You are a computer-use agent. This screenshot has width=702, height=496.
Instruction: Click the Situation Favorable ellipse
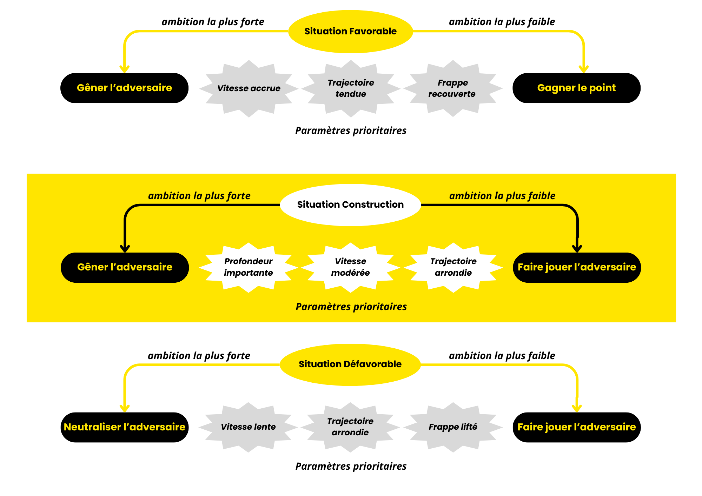[350, 32]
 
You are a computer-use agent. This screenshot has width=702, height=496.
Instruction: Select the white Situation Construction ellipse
[350, 205]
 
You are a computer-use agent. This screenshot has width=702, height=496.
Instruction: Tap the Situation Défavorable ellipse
[350, 364]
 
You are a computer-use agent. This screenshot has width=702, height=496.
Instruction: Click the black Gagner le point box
[576, 88]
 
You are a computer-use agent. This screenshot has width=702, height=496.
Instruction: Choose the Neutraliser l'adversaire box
[125, 427]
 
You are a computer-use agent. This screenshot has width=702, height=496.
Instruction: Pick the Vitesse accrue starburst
[249, 88]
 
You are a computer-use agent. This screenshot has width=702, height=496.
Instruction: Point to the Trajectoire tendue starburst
[351, 88]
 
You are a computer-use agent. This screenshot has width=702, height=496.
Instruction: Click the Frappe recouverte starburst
[453, 88]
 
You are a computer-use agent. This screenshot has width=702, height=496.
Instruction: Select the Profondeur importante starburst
[249, 267]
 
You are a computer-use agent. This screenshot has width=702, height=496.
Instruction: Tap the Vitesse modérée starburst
[350, 267]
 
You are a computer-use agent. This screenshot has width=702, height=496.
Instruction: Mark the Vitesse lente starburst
[248, 427]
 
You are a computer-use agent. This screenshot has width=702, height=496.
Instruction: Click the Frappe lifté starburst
[453, 427]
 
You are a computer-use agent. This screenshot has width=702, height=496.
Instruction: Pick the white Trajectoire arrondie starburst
[453, 267]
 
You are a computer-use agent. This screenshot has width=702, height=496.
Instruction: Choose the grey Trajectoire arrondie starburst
[350, 427]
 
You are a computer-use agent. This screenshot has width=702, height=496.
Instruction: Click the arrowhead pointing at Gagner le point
[583, 69]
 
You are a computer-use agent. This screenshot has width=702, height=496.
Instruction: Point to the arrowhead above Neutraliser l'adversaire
[125, 408]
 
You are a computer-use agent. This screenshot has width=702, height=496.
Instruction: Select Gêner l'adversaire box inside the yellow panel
[125, 267]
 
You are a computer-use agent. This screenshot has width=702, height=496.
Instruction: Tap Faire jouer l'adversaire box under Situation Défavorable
[576, 427]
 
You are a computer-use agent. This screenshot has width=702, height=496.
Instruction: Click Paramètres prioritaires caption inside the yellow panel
[351, 307]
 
